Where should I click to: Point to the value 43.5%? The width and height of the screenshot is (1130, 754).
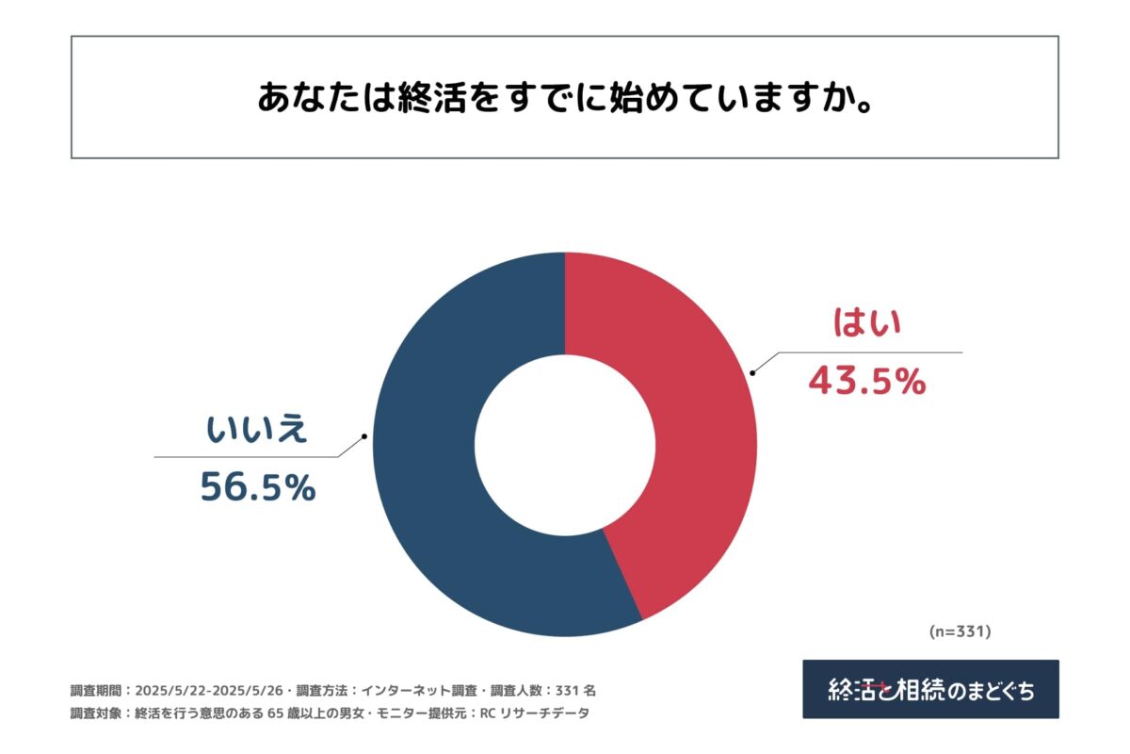(x=867, y=382)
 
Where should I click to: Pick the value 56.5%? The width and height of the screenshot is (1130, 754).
(x=257, y=487)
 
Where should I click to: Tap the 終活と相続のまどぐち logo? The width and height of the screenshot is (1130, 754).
(x=930, y=689)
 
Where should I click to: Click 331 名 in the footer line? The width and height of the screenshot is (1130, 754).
(x=575, y=690)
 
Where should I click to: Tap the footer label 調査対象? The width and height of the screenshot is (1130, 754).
(x=97, y=713)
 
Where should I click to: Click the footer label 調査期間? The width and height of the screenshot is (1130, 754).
(x=97, y=690)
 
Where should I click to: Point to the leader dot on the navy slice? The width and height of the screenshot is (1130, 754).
(x=364, y=436)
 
